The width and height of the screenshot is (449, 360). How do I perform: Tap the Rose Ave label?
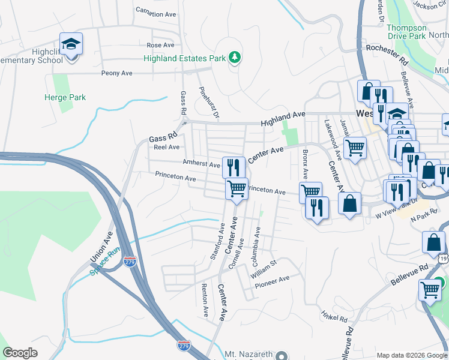point(160,45)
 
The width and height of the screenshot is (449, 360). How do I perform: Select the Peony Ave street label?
point(118,73)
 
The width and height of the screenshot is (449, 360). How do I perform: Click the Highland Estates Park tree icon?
point(235,58)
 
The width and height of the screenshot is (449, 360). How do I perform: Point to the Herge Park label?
point(65,97)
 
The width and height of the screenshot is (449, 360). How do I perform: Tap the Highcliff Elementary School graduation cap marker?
point(71,44)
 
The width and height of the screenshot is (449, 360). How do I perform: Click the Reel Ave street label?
point(166,146)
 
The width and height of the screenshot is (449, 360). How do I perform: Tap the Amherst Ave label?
point(202,163)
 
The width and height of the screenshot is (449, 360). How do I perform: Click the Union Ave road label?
point(101,248)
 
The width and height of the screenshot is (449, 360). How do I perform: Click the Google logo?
point(20,353)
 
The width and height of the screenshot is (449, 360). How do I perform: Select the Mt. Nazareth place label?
point(249,355)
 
